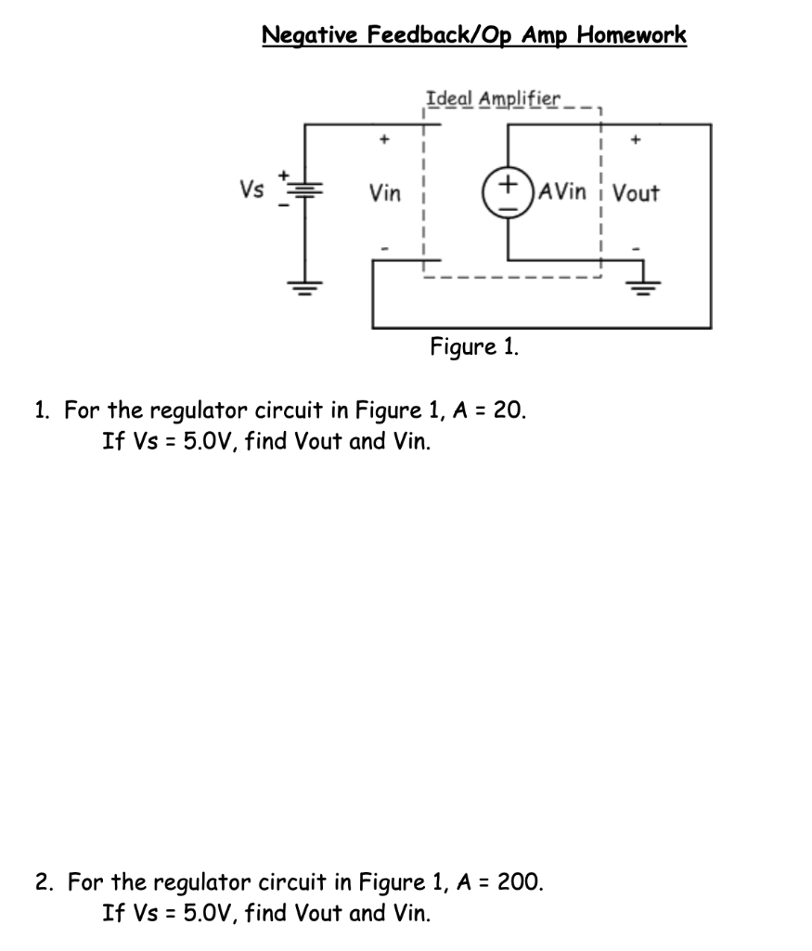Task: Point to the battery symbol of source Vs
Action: point(305,190)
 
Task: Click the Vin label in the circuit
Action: point(385,193)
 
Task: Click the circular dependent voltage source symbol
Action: point(508,192)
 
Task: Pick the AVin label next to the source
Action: point(562,192)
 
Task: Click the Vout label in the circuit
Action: point(637,193)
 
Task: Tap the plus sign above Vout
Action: point(636,141)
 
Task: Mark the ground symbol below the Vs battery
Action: point(305,283)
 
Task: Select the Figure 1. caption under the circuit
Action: point(474,347)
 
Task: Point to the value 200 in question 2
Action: point(520,880)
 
